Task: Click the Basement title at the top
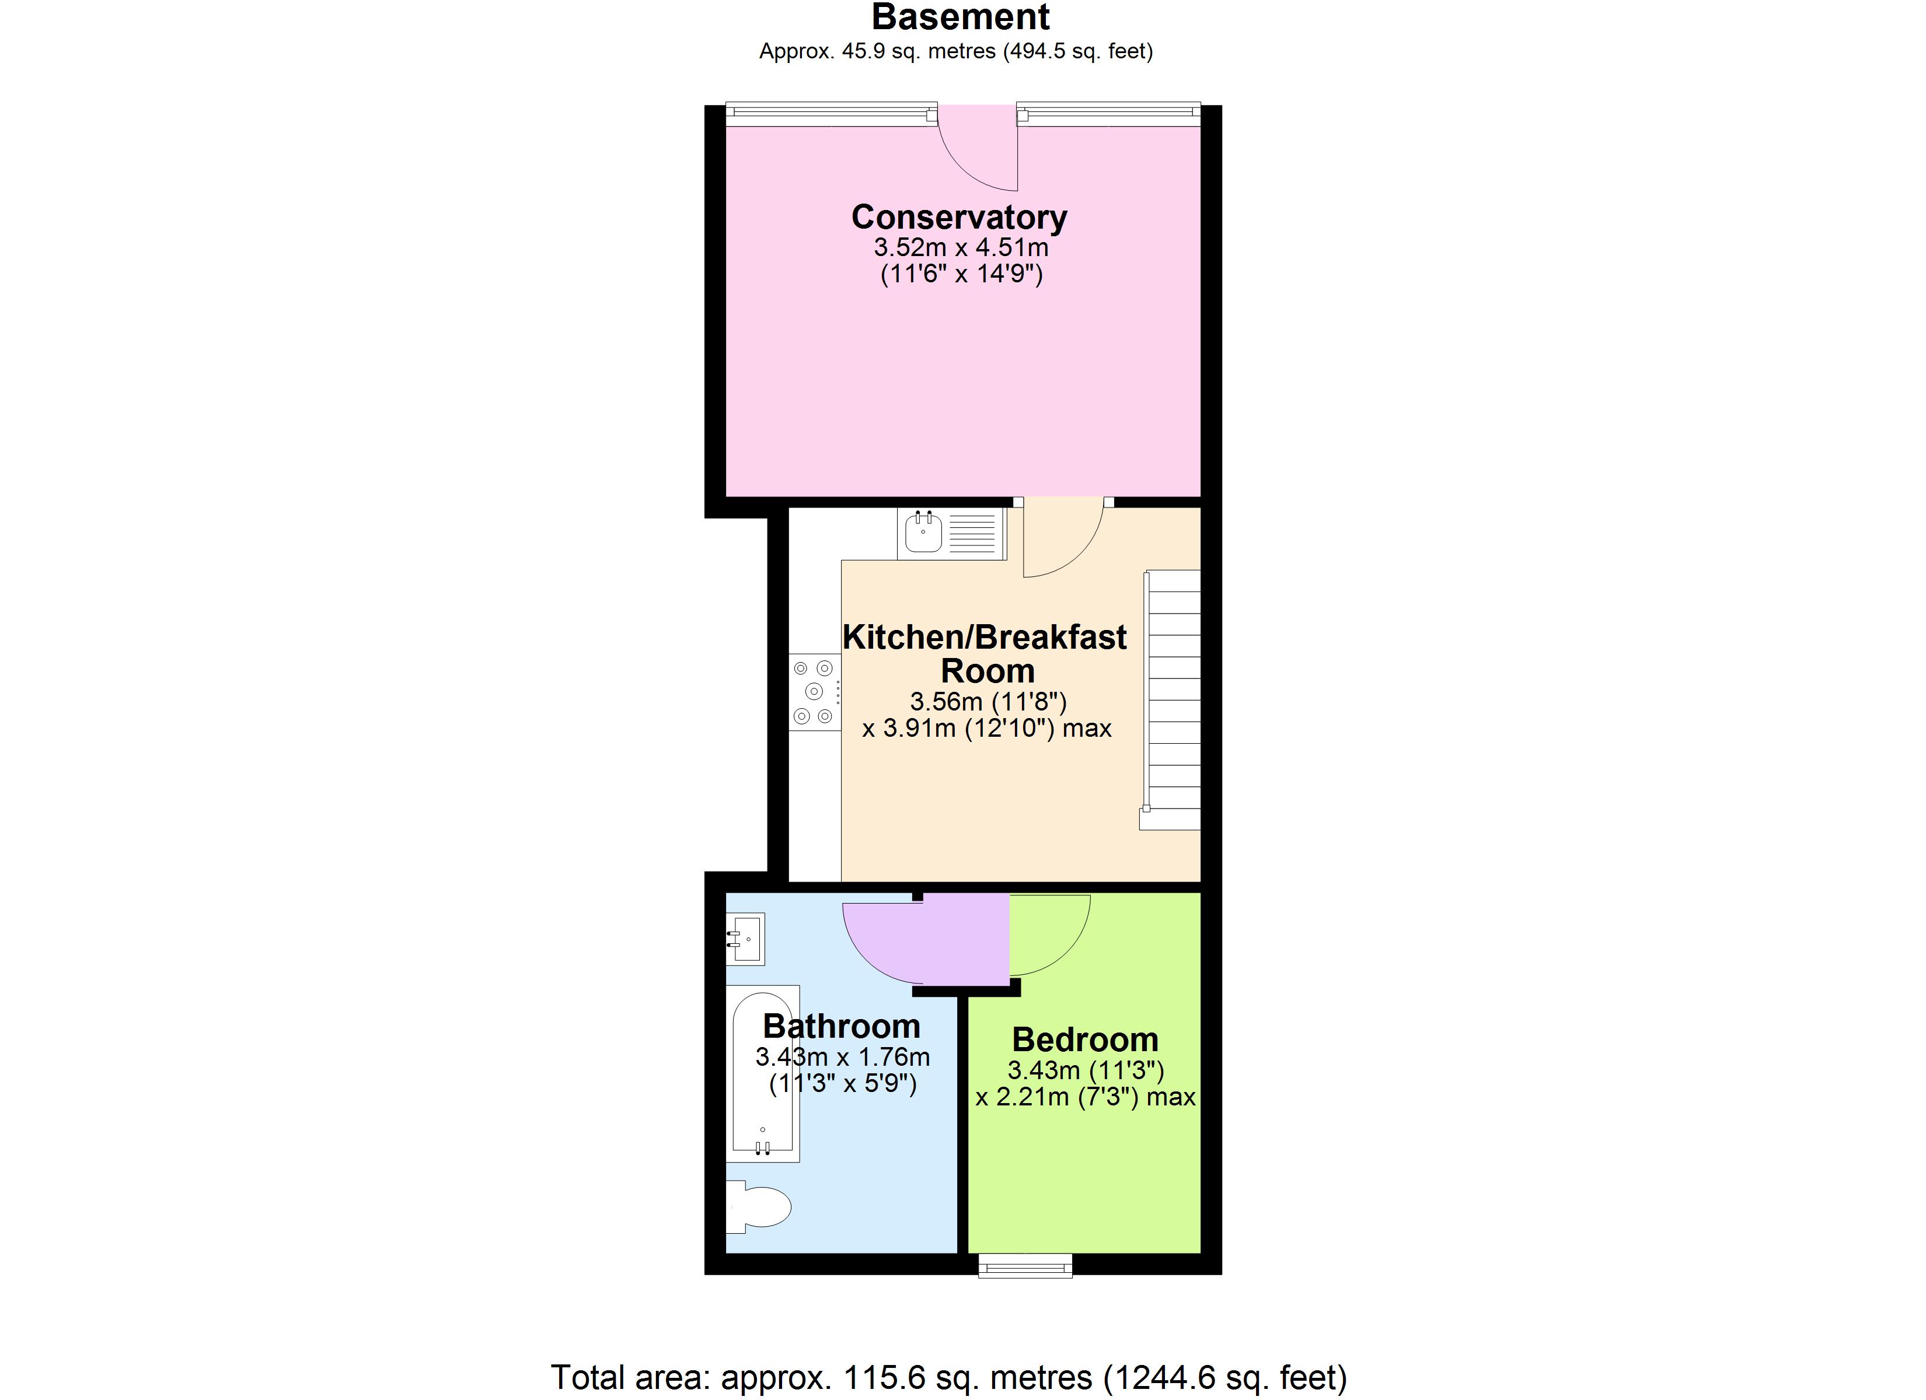coord(961,17)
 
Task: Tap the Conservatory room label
coord(959,218)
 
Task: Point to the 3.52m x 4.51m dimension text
coord(961,248)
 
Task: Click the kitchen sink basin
coord(923,533)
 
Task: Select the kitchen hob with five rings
coord(814,692)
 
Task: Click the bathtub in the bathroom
coord(763,1073)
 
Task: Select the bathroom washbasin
coord(746,938)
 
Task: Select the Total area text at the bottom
coord(948,1377)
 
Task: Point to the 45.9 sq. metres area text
coord(955,52)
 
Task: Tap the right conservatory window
coord(1108,114)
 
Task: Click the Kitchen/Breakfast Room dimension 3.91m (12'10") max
coord(987,729)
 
